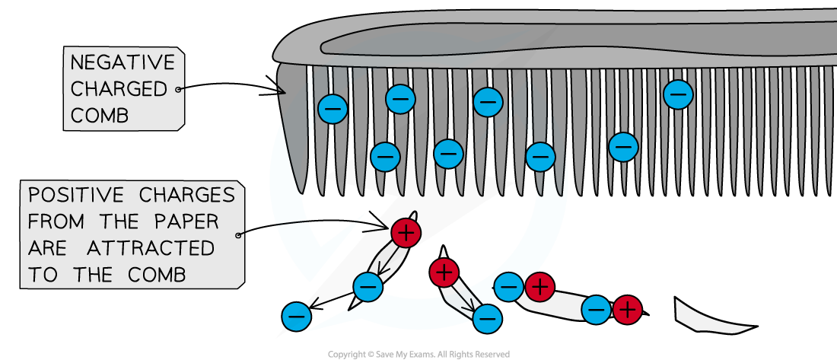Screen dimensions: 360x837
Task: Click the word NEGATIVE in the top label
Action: coord(123,63)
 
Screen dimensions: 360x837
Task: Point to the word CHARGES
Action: coord(187,196)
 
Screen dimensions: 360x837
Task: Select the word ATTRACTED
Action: coord(151,248)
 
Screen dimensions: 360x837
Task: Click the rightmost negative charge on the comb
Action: coord(677,94)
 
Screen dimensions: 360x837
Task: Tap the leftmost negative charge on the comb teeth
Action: coord(333,109)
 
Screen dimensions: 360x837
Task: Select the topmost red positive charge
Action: coord(406,233)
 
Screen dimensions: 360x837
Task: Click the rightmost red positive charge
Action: coord(628,310)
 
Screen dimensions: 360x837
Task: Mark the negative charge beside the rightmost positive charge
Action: coord(597,310)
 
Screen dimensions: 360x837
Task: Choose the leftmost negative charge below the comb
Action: coord(296,316)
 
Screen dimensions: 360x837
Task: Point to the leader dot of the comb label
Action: coord(180,89)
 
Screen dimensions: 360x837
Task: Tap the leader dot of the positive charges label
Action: coord(240,235)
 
